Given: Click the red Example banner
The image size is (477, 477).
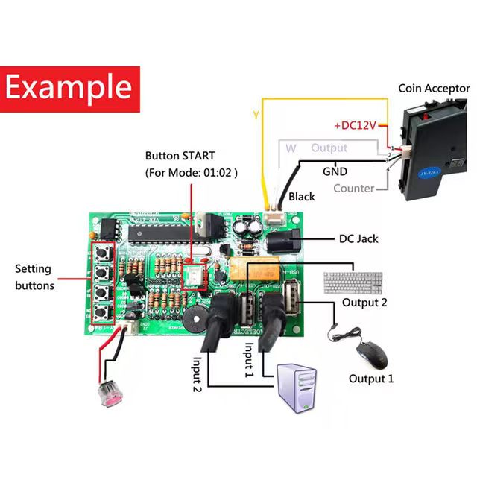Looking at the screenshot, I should pyautogui.click(x=72, y=87).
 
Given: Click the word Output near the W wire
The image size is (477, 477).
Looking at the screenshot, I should pyautogui.click(x=329, y=148).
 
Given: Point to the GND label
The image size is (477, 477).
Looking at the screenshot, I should pyautogui.click(x=335, y=171).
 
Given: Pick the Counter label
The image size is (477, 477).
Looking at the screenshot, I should pyautogui.click(x=353, y=189).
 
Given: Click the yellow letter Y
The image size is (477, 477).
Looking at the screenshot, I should pyautogui.click(x=256, y=116).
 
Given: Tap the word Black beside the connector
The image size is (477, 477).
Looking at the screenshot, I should pyautogui.click(x=301, y=197).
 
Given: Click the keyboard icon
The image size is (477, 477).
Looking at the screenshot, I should pyautogui.click(x=353, y=282).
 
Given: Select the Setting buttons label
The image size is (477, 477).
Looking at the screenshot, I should pyautogui.click(x=34, y=277).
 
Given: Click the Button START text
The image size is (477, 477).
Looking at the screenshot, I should pyautogui.click(x=180, y=157).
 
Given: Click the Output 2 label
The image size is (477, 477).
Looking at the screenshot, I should pyautogui.click(x=364, y=302).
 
